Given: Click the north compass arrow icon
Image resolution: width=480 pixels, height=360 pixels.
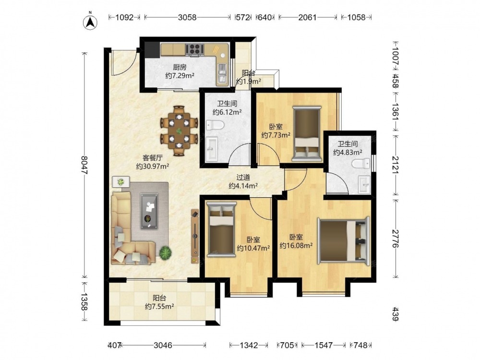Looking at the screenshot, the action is pyautogui.click(x=90, y=22).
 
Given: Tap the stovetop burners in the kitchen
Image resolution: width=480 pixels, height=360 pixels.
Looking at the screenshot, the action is pyautogui.click(x=195, y=49).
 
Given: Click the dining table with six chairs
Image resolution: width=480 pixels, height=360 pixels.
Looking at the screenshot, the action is pyautogui.click(x=179, y=131).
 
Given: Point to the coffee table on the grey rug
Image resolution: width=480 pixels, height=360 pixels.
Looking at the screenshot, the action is pyautogui.click(x=149, y=211).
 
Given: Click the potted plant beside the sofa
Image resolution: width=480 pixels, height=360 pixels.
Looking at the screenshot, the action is pyautogui.click(x=165, y=253).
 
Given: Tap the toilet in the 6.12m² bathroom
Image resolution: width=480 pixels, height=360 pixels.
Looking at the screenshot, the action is pyautogui.click(x=215, y=125).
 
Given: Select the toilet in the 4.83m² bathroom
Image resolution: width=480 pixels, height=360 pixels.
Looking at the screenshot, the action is pyautogui.click(x=361, y=163).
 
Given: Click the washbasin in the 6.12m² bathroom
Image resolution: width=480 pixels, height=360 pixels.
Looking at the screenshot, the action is pyautogui.click(x=212, y=149).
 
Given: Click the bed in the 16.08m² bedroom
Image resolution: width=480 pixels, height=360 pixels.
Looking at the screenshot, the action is pyautogui.click(x=344, y=240).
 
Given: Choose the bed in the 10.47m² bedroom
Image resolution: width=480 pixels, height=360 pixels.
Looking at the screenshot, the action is pyautogui.click(x=221, y=229).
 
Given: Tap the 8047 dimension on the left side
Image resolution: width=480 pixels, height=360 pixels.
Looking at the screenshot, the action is pyautogui.click(x=84, y=165).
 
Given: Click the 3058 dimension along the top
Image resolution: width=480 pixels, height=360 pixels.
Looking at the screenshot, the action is pyautogui.click(x=187, y=17).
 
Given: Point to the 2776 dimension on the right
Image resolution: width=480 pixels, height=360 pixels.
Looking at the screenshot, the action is pyautogui.click(x=395, y=239).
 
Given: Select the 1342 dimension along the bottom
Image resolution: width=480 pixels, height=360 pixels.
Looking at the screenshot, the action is pyautogui.click(x=249, y=345).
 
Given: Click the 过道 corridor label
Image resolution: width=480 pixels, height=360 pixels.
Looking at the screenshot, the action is pyautogui.click(x=243, y=177).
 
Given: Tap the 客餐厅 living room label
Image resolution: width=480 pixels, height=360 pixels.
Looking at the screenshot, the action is pyautogui.click(x=153, y=158).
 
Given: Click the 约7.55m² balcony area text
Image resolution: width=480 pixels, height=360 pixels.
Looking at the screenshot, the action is pyautogui.click(x=160, y=306).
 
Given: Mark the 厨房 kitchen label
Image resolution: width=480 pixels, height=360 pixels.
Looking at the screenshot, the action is pyautogui.click(x=180, y=67).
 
